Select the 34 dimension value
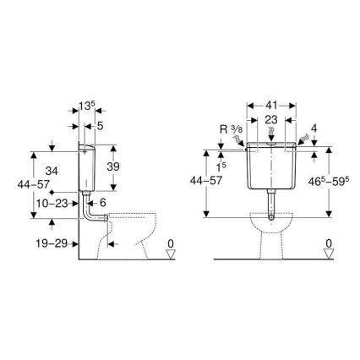coord(53,172)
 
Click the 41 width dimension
coord(270,109)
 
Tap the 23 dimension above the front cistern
coord(270,122)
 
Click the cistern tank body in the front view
coord(270,169)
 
